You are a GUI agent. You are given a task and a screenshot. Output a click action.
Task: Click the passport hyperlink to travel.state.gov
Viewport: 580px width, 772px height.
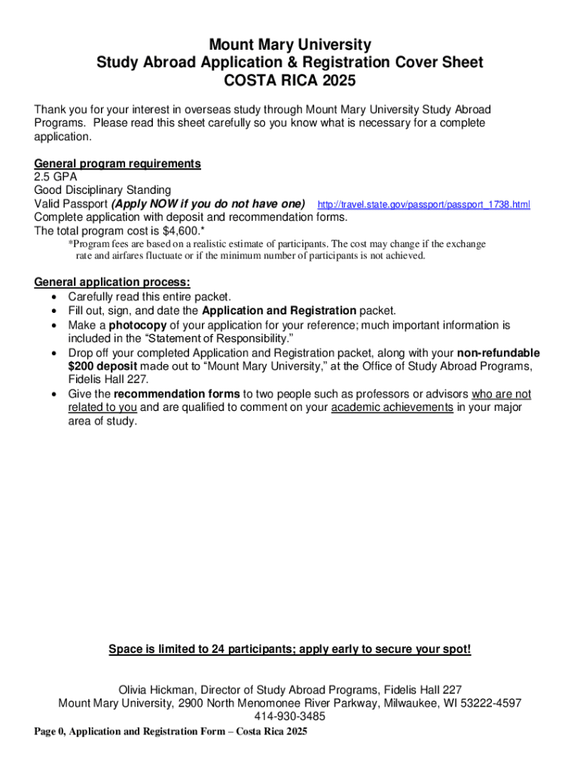pyautogui.click(x=424, y=205)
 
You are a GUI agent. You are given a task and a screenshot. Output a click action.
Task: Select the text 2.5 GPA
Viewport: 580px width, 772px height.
pyautogui.click(x=56, y=176)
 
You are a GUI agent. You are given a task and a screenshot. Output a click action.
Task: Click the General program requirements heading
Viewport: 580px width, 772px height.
pyautogui.click(x=118, y=164)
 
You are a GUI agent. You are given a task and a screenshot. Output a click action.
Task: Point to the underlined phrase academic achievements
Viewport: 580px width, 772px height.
pyautogui.click(x=392, y=408)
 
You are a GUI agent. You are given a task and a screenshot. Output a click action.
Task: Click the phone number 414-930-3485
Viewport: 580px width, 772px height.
pyautogui.click(x=290, y=716)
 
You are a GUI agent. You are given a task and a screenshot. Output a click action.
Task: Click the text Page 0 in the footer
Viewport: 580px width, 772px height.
pyautogui.click(x=48, y=732)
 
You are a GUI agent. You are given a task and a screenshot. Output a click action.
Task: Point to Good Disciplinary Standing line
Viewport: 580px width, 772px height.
pyautogui.click(x=102, y=190)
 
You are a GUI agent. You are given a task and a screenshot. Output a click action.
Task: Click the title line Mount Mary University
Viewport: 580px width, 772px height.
pyautogui.click(x=289, y=45)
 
